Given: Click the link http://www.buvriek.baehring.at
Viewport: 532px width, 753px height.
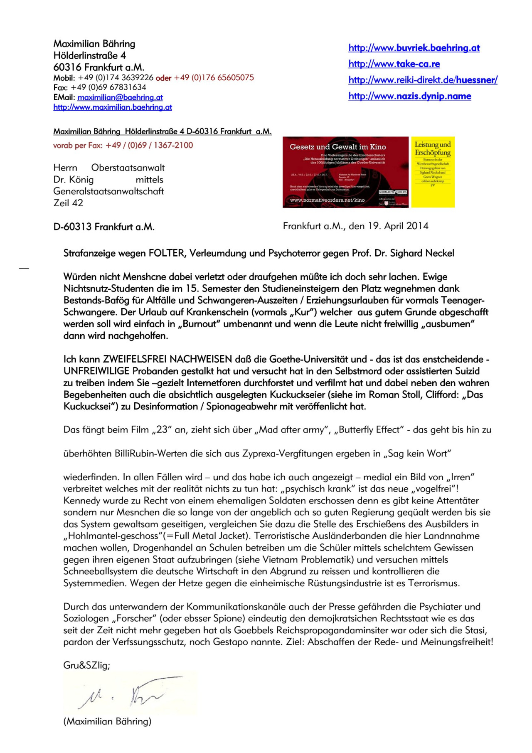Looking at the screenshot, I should click(x=414, y=48).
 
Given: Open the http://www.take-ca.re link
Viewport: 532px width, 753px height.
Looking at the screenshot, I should click(x=394, y=64).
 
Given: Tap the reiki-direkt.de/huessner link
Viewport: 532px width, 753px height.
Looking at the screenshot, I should click(x=423, y=80).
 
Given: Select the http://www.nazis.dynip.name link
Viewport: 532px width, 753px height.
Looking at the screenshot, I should click(x=410, y=96).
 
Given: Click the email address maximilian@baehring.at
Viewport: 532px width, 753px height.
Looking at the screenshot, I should click(x=120, y=97).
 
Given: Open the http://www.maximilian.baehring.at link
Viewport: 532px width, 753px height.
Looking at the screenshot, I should click(x=113, y=107).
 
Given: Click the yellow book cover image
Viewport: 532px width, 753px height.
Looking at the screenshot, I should click(x=433, y=172).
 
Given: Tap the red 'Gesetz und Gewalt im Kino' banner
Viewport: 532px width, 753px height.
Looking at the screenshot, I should click(x=345, y=172).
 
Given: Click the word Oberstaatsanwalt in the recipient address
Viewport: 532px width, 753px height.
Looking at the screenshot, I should click(x=128, y=168).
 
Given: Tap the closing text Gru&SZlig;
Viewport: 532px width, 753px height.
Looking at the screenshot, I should click(x=86, y=665).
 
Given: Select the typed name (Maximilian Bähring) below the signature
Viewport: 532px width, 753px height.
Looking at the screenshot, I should click(x=107, y=721).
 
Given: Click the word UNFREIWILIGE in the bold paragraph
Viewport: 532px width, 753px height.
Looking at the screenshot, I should click(x=97, y=371).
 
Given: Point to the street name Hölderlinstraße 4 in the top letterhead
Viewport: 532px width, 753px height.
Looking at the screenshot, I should click(x=90, y=55).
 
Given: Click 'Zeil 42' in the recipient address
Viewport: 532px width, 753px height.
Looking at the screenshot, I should click(x=68, y=203).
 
